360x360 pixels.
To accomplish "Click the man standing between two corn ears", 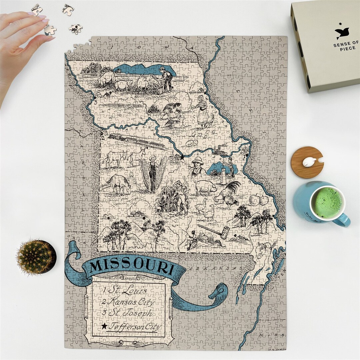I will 152,173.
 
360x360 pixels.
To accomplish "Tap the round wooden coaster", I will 307,162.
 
